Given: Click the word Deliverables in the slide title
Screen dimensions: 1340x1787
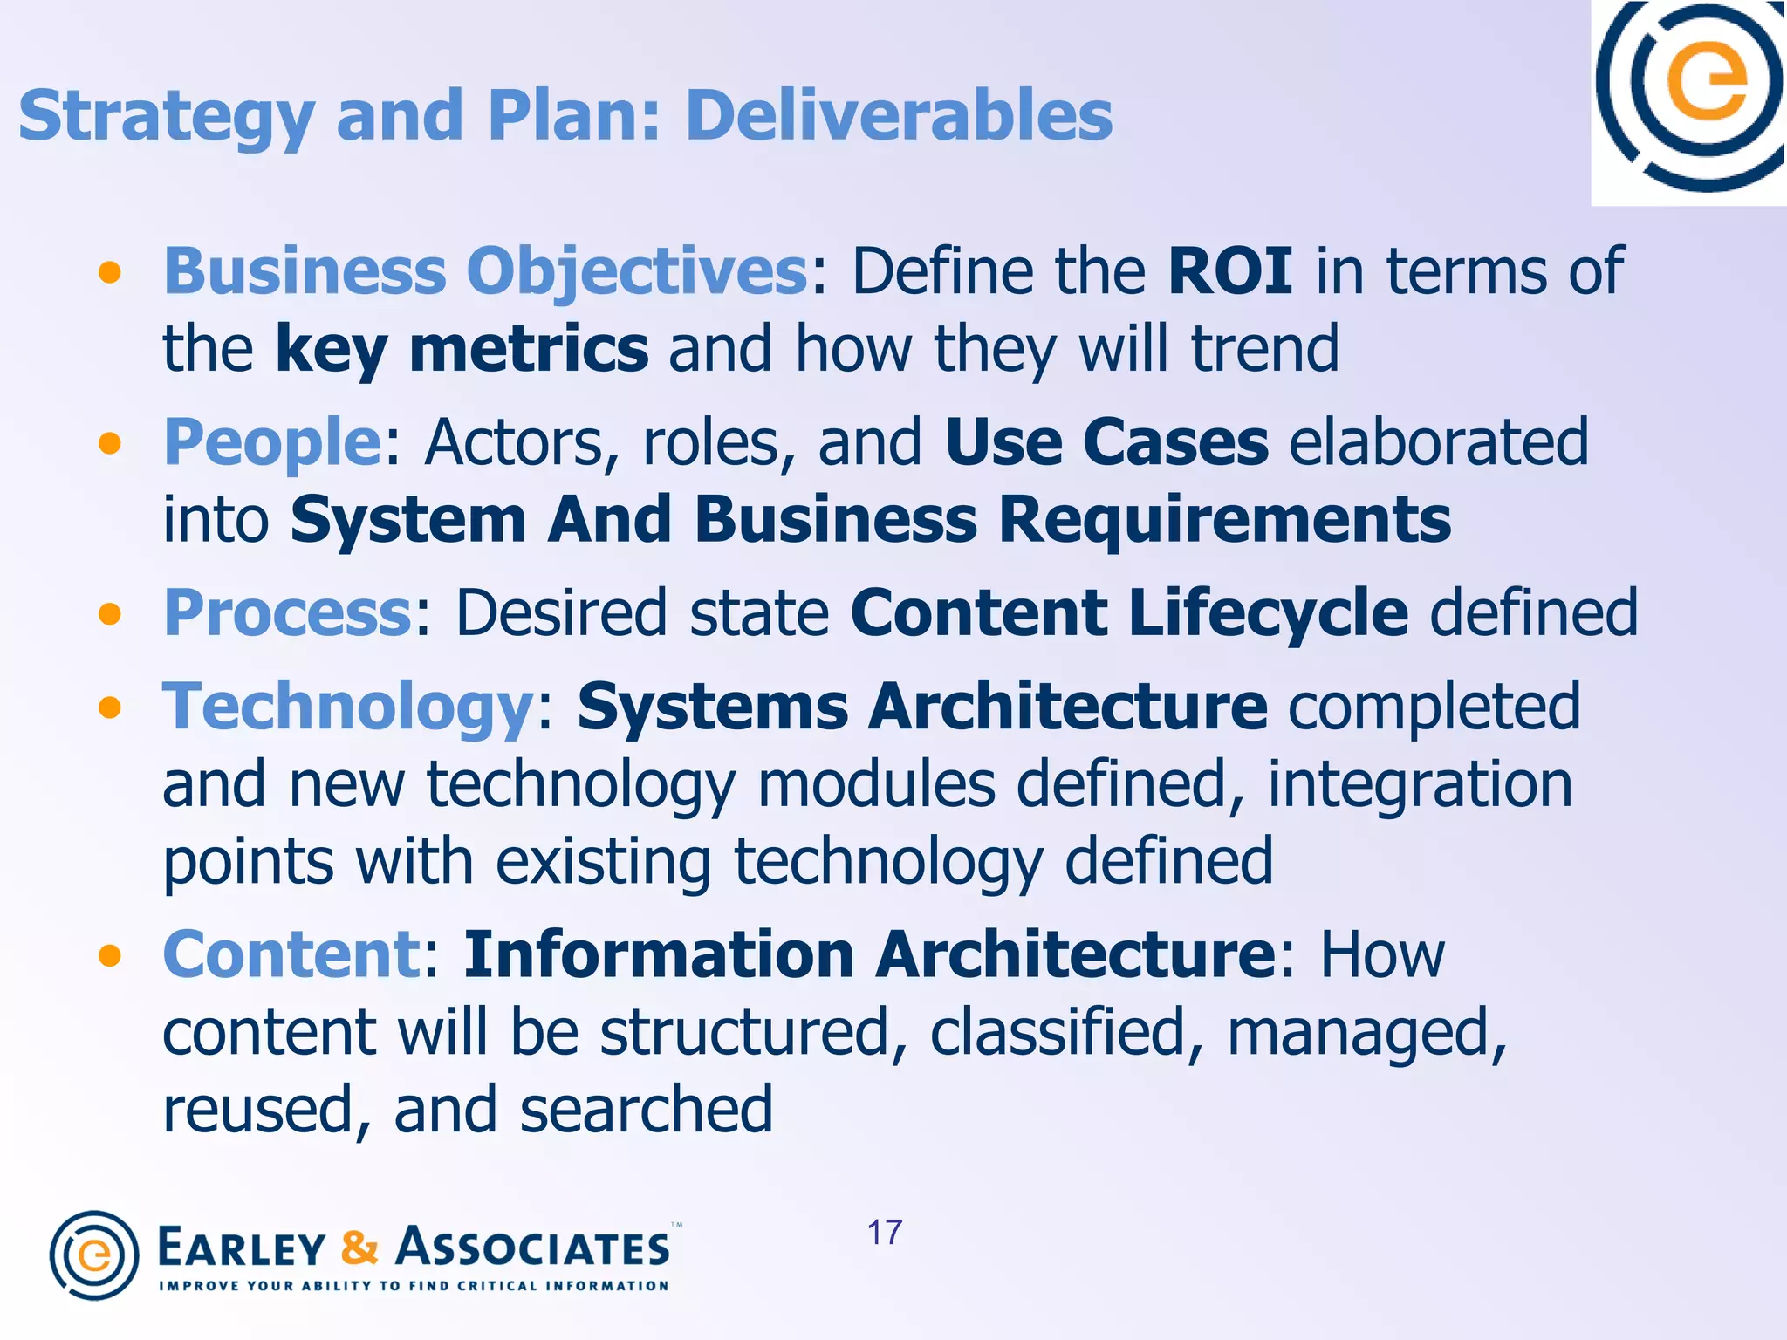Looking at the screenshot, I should click(899, 115).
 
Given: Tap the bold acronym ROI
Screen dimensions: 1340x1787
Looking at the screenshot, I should click(1230, 271).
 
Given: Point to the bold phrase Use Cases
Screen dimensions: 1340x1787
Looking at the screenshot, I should click(1106, 441).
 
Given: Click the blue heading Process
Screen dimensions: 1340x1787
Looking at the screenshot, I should click(287, 612).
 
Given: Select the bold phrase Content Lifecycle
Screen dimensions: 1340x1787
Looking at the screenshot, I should click(1129, 612).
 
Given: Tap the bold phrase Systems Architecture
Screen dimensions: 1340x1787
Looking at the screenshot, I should click(922, 706).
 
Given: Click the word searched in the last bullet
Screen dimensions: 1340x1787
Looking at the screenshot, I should click(647, 1110).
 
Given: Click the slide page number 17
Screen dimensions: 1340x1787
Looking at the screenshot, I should click(885, 1233).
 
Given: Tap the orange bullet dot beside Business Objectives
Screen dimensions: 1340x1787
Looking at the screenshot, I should click(110, 273).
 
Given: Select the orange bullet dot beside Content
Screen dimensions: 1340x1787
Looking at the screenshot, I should click(110, 956).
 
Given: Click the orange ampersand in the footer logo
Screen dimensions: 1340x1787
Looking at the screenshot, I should click(359, 1248).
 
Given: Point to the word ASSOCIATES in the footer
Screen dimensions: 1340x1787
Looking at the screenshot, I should click(533, 1248).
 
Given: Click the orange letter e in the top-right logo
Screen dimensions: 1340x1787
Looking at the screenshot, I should click(1707, 83).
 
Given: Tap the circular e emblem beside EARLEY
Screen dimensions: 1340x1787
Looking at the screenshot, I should click(94, 1255).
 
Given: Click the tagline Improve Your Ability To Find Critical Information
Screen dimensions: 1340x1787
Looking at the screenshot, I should click(414, 1286).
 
